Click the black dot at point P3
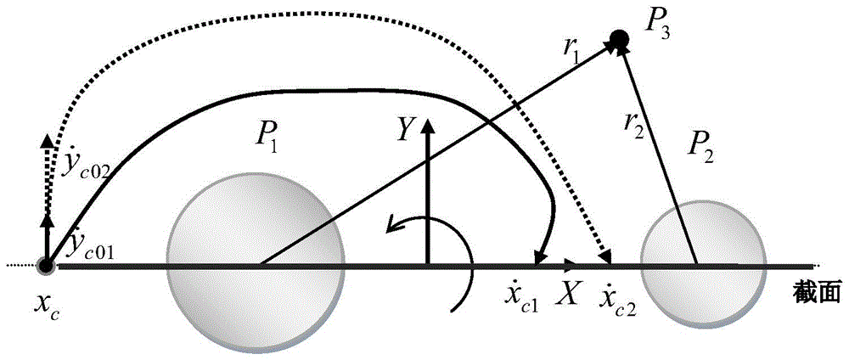619,39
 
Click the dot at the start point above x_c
47,266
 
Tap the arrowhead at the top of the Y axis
428,126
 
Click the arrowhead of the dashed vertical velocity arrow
48,138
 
